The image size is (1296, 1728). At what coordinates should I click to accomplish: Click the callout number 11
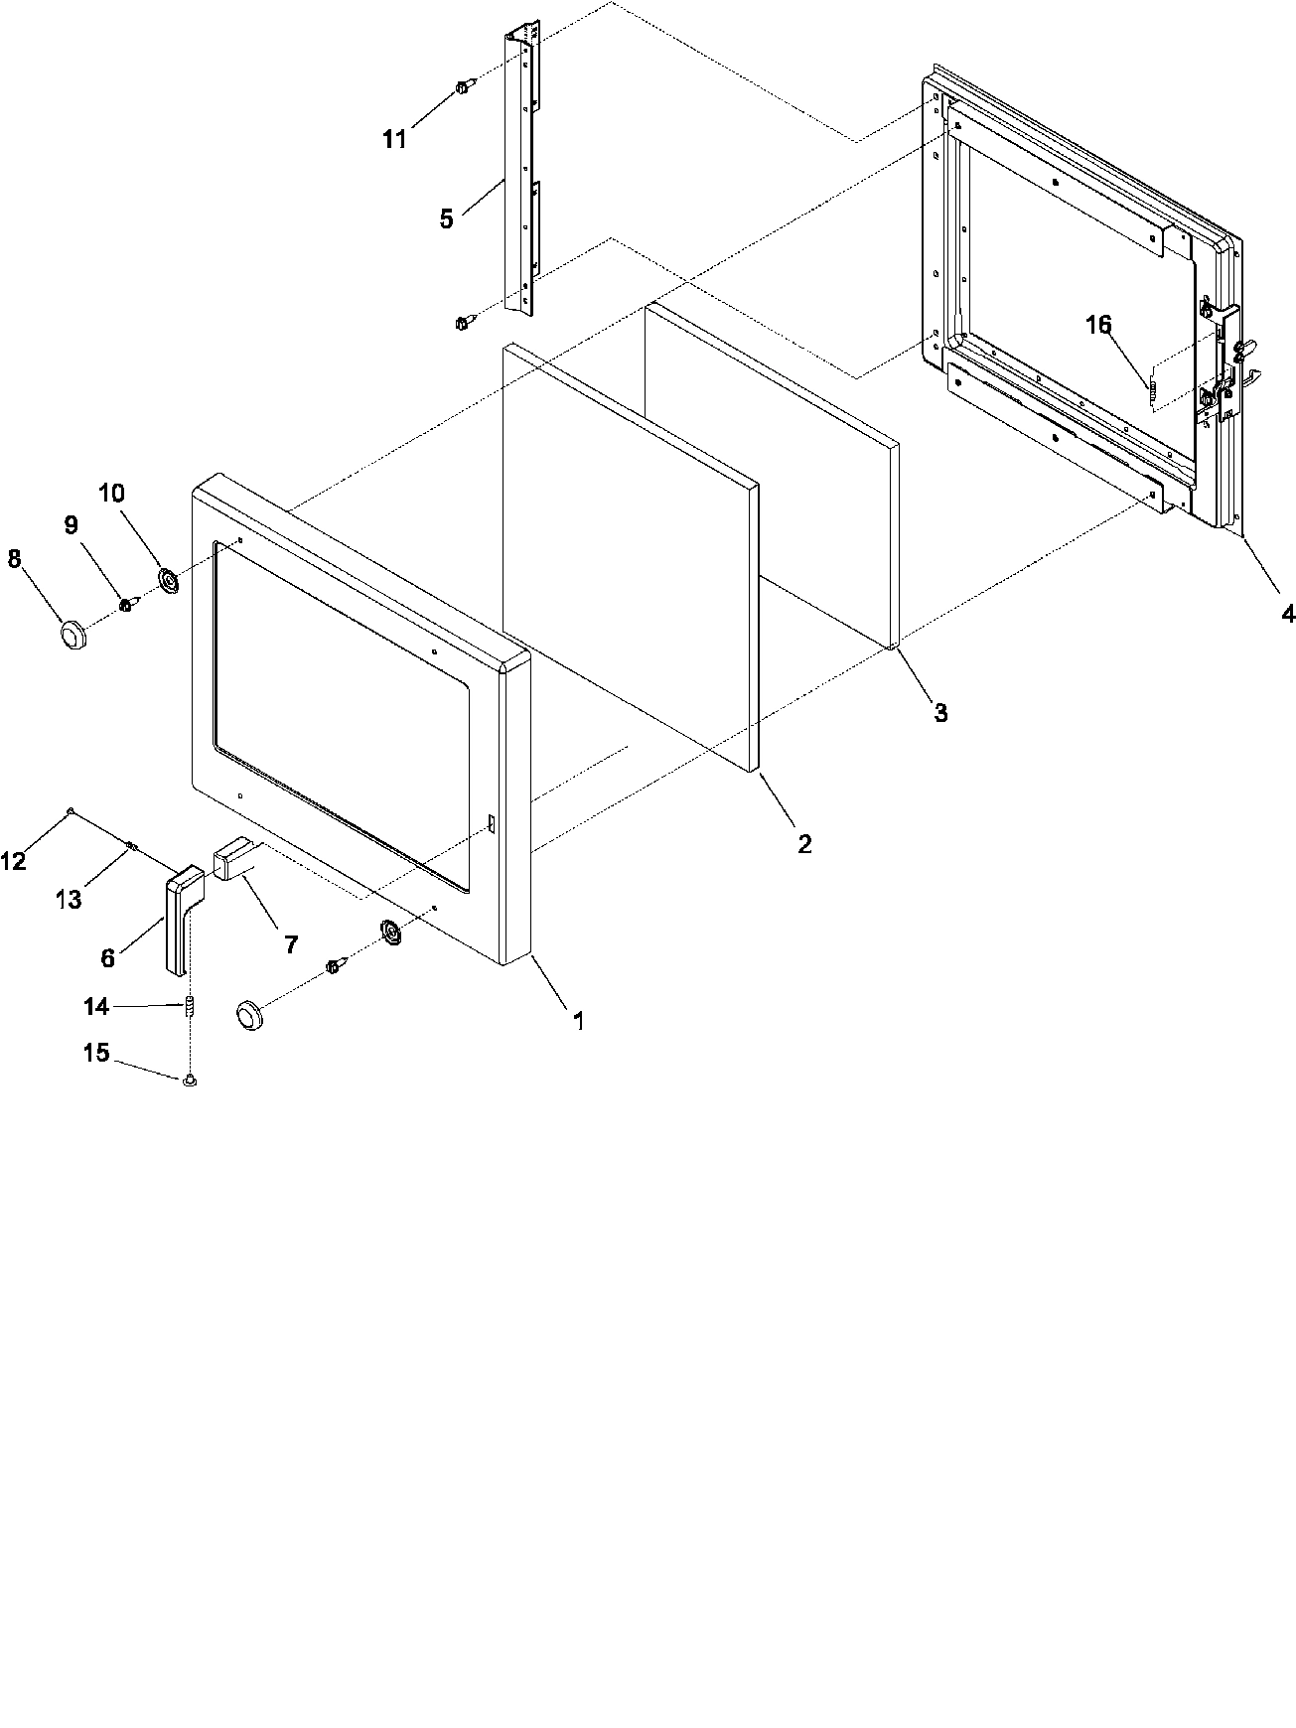[x=394, y=140]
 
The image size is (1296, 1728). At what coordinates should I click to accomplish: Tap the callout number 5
[x=447, y=219]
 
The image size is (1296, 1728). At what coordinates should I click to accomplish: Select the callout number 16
[x=1098, y=326]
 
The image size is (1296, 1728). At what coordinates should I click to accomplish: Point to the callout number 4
[x=1287, y=614]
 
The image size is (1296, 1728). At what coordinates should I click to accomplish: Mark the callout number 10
[x=111, y=494]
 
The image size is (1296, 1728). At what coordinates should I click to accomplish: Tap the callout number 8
[x=14, y=560]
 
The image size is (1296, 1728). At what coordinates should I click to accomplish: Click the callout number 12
[x=12, y=861]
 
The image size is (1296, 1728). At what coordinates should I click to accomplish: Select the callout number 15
[x=95, y=1053]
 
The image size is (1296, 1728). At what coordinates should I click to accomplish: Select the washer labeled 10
[x=167, y=580]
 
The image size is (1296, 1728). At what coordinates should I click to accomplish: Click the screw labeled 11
[x=463, y=87]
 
